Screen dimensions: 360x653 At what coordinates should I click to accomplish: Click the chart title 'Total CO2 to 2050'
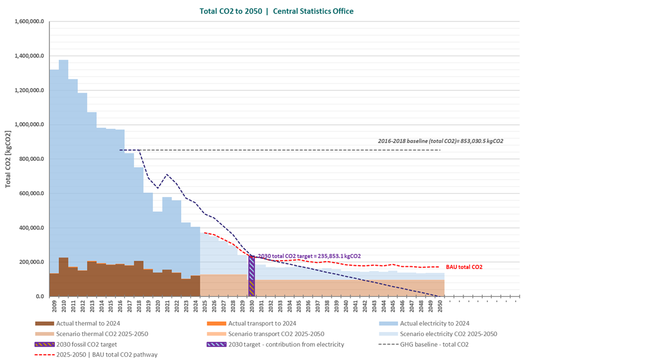[x=232, y=11]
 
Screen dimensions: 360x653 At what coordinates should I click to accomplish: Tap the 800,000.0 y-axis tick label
[x=32, y=160]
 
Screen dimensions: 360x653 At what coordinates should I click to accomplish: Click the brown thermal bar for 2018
[x=139, y=278]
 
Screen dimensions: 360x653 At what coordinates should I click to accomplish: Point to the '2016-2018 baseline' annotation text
[x=441, y=141]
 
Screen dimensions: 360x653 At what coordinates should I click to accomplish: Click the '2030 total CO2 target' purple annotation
[x=309, y=256]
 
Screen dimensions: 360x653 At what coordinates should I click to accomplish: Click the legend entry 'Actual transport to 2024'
[x=259, y=323]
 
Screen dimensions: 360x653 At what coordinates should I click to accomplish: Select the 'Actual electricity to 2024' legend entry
[x=434, y=323]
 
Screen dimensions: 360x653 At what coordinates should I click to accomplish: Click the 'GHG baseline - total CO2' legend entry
[x=434, y=344]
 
